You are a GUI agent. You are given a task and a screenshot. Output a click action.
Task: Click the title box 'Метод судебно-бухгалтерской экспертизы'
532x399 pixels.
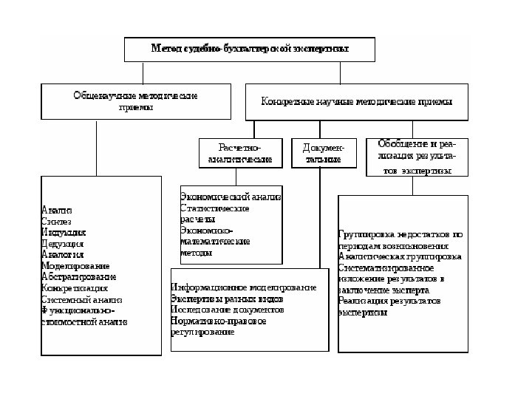pyautogui.click(x=250, y=50)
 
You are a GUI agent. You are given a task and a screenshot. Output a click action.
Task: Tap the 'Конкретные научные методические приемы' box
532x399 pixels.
pyautogui.click(x=356, y=101)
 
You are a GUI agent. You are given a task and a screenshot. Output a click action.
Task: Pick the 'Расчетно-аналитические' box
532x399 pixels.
pyautogui.click(x=240, y=153)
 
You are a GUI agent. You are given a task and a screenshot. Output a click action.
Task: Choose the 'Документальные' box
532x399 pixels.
pyautogui.click(x=323, y=153)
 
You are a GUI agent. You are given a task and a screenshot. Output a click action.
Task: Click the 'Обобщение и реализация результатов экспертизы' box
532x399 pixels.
pyautogui.click(x=417, y=156)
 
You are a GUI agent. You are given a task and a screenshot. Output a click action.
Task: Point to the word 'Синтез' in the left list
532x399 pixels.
pyautogui.click(x=57, y=221)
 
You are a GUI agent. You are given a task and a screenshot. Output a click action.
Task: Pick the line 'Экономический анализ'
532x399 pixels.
pyautogui.click(x=231, y=197)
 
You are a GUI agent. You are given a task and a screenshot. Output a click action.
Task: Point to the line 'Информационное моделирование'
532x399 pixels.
pyautogui.click(x=237, y=287)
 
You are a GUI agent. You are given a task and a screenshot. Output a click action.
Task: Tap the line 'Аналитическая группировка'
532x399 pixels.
pyautogui.click(x=400, y=256)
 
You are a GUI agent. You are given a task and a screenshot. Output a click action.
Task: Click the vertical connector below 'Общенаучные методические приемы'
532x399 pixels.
pyautogui.click(x=97, y=148)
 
